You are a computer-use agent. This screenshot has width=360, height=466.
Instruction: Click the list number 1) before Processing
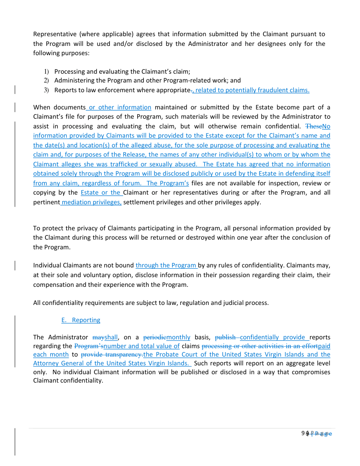point(45,71)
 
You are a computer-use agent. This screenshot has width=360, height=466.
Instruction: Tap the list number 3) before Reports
point(45,90)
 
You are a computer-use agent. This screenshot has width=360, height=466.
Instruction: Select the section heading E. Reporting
point(81,320)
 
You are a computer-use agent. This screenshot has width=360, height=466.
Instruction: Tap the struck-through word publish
point(225,338)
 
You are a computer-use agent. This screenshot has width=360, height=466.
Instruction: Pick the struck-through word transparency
point(121,354)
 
